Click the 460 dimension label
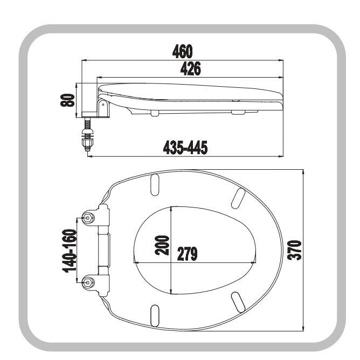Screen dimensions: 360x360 coord(183,51)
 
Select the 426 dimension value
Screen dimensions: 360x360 coord(191,68)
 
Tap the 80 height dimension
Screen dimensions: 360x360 coord(68,100)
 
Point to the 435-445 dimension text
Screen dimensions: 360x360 coord(185,148)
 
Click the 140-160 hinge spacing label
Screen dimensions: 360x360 coord(70,251)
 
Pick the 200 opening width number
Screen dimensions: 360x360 coord(162,245)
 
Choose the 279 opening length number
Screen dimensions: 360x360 coord(187,254)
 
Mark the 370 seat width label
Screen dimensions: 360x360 coord(294,250)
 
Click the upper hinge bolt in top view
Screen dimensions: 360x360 coord(88,218)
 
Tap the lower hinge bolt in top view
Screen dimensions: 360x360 coord(88,282)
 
